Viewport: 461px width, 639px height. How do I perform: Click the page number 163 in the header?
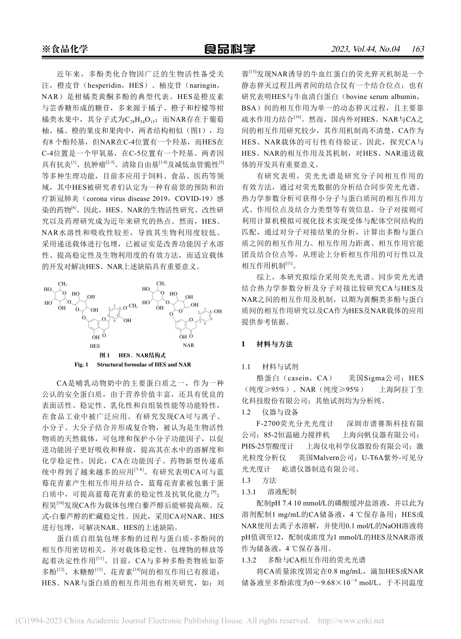pos(417,49)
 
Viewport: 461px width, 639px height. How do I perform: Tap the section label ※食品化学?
pos(66,49)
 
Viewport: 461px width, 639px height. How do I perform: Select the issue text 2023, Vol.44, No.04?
pos(365,49)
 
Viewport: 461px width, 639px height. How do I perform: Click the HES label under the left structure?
pos(95,346)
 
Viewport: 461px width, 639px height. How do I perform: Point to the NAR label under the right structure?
pos(188,346)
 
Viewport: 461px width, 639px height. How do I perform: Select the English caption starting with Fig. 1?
pos(132,364)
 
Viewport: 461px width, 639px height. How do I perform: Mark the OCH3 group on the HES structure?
pos(130,306)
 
